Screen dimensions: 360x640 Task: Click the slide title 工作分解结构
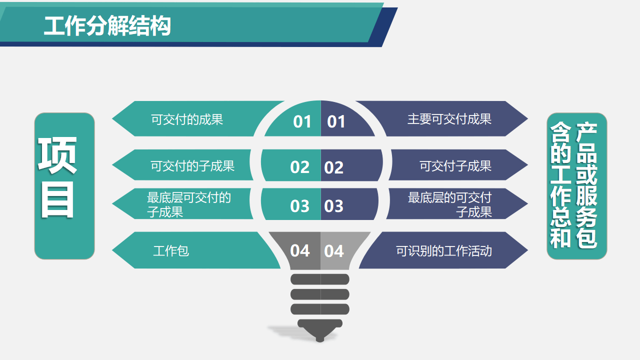click(107, 26)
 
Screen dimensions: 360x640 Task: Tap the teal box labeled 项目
click(64, 185)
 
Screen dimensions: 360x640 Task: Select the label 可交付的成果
click(187, 119)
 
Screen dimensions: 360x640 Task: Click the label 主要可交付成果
click(449, 119)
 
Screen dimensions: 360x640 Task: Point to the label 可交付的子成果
click(192, 165)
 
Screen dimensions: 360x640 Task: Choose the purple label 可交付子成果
click(455, 166)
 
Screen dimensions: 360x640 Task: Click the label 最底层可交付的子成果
click(188, 204)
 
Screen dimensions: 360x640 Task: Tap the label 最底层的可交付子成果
click(449, 204)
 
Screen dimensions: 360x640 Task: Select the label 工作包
click(171, 250)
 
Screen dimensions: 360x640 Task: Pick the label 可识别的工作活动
click(443, 250)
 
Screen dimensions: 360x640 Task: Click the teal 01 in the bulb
click(302, 121)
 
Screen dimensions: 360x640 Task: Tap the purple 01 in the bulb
click(336, 121)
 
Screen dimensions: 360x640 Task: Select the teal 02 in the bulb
click(300, 167)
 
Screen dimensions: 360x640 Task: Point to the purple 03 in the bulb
click(334, 206)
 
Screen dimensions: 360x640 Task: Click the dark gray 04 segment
click(300, 250)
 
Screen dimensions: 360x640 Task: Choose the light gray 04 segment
click(334, 250)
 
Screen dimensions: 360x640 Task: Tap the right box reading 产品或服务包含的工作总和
click(576, 185)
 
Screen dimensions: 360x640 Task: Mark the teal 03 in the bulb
click(300, 206)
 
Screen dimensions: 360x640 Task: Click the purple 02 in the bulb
click(334, 167)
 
